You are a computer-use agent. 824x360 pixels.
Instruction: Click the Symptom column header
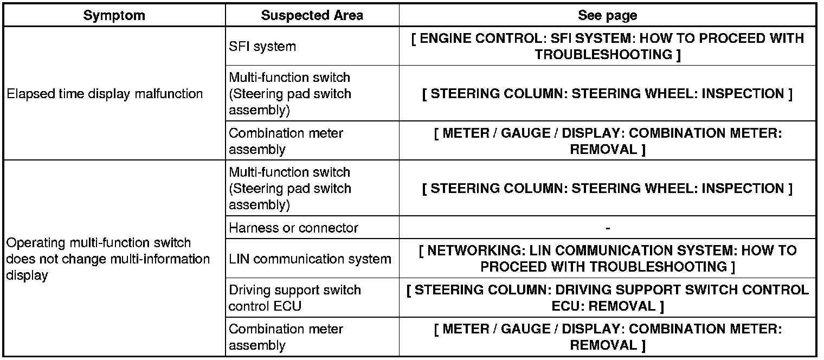pyautogui.click(x=114, y=15)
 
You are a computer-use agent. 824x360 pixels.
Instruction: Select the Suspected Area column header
pyautogui.click(x=312, y=15)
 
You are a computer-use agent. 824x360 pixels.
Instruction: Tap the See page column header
pyautogui.click(x=607, y=15)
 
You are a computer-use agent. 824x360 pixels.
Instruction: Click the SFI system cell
pyautogui.click(x=262, y=47)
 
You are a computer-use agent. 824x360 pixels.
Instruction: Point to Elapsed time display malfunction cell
pyautogui.click(x=105, y=94)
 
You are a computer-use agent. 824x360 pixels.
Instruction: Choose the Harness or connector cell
pyautogui.click(x=293, y=228)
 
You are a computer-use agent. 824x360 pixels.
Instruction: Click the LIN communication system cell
pyautogui.click(x=310, y=259)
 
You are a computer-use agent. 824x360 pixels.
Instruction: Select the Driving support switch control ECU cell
pyautogui.click(x=294, y=298)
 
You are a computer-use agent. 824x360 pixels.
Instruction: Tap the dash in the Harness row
pyautogui.click(x=608, y=228)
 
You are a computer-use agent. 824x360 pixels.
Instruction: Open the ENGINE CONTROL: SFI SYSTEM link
pyautogui.click(x=607, y=47)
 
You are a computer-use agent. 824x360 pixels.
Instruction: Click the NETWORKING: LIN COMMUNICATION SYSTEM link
pyautogui.click(x=607, y=259)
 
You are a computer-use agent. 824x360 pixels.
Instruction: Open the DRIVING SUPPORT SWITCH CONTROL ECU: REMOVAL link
pyautogui.click(x=607, y=298)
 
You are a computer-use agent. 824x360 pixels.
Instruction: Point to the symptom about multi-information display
pyautogui.click(x=107, y=259)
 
